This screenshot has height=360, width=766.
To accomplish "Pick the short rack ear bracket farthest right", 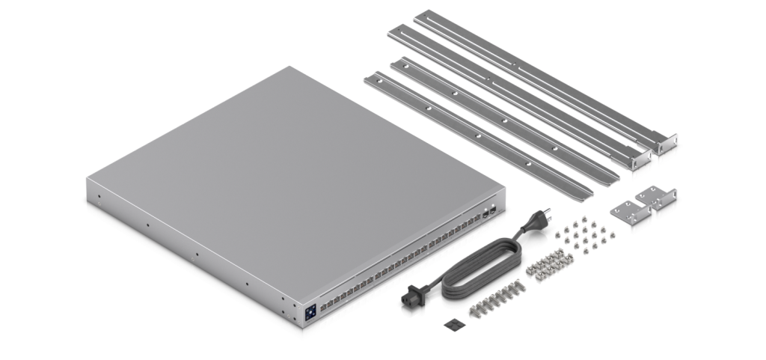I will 658,203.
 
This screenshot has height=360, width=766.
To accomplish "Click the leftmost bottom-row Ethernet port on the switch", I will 322,323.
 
